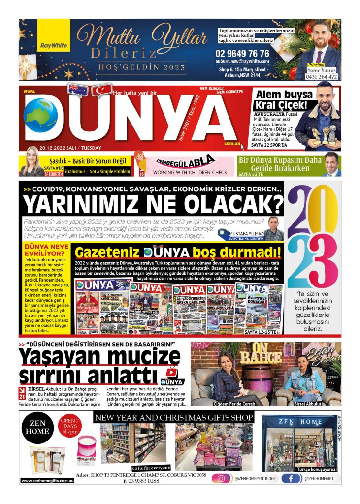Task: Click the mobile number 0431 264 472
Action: [x=322, y=77]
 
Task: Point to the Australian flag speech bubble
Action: [x=77, y=90]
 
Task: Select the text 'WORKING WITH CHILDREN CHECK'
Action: [x=190, y=173]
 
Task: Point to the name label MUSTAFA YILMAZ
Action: [x=248, y=233]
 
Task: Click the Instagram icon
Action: [x=222, y=478]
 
